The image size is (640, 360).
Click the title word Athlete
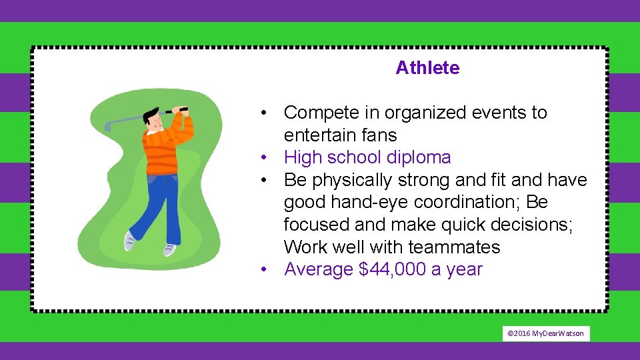tap(427, 68)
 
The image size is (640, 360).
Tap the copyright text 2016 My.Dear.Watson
tap(546, 333)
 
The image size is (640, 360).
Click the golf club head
tap(108, 125)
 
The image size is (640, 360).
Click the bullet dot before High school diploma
tap(265, 158)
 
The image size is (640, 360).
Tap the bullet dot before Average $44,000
tap(265, 270)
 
